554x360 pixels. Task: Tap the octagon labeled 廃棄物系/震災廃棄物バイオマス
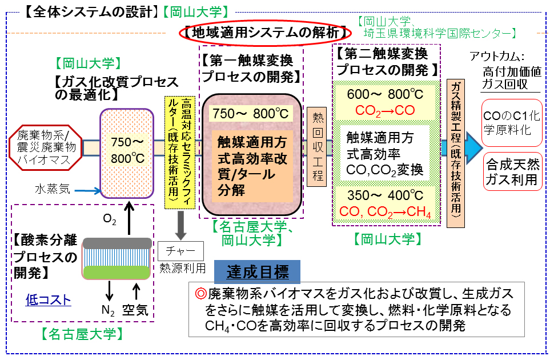pos(43,147)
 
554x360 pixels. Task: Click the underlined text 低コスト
pos(49,300)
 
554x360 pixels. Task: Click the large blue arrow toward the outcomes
pos(472,146)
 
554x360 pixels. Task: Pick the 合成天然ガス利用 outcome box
pos(512,171)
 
